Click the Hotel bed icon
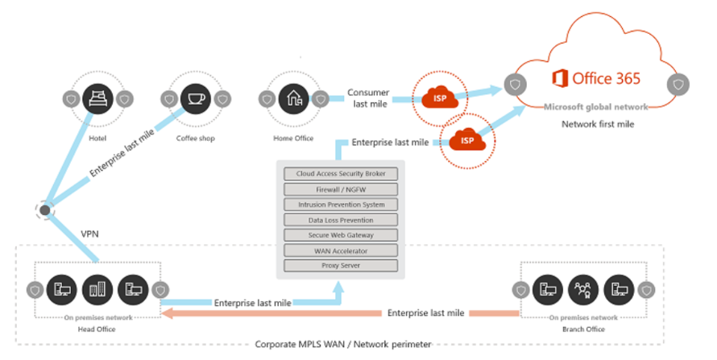97,99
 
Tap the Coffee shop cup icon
194,99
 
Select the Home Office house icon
293,99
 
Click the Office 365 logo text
597,79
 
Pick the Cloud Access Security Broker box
341,173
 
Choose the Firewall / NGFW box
341,189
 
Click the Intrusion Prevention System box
341,205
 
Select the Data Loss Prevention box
341,220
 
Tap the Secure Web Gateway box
341,235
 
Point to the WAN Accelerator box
341,250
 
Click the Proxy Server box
341,266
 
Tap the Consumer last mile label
371,98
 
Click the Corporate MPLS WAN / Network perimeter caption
342,345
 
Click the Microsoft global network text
595,107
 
